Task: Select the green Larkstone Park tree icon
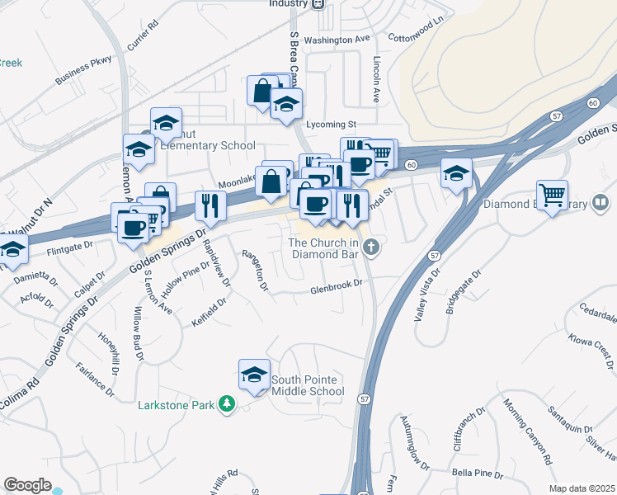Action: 226,404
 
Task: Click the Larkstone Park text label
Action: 177,405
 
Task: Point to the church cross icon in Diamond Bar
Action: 372,246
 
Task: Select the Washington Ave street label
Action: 337,39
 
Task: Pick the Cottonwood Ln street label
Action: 417,24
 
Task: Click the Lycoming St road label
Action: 330,125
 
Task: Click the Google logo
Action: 27,485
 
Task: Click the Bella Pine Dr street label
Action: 478,473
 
